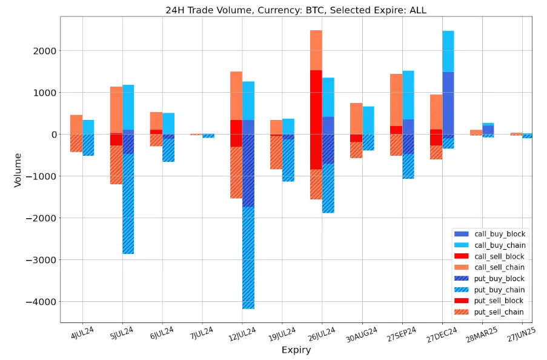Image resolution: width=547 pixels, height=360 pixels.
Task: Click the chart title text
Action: (x=296, y=10)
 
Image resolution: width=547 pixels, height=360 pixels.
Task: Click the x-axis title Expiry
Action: (x=296, y=350)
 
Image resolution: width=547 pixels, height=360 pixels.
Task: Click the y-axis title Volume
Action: (x=18, y=170)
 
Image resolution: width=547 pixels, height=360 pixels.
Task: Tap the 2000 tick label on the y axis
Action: (x=45, y=51)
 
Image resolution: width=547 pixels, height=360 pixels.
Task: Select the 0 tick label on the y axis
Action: (x=53, y=135)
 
